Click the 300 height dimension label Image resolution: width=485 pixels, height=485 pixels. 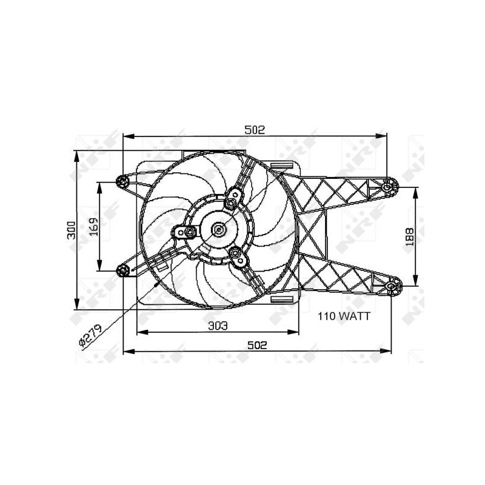pyautogui.click(x=72, y=229)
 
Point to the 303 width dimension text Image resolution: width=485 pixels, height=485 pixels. pyautogui.click(x=218, y=326)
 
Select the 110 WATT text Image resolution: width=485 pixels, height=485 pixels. pyautogui.click(x=344, y=316)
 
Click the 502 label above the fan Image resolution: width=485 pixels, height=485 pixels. pyautogui.click(x=255, y=129)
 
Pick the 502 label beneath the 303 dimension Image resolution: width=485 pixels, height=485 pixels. pyautogui.click(x=257, y=345)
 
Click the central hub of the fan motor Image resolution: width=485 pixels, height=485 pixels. pyautogui.click(x=218, y=229)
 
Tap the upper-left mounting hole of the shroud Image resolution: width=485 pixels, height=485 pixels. pyautogui.click(x=122, y=181)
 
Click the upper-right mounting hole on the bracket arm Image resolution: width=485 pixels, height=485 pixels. pyautogui.click(x=387, y=187)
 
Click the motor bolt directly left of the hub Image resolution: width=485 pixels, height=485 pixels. pyautogui.click(x=190, y=232)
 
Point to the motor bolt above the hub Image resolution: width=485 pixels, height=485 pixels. pyautogui.click(x=232, y=203)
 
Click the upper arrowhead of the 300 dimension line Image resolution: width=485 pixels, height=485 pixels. pyautogui.click(x=77, y=153)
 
